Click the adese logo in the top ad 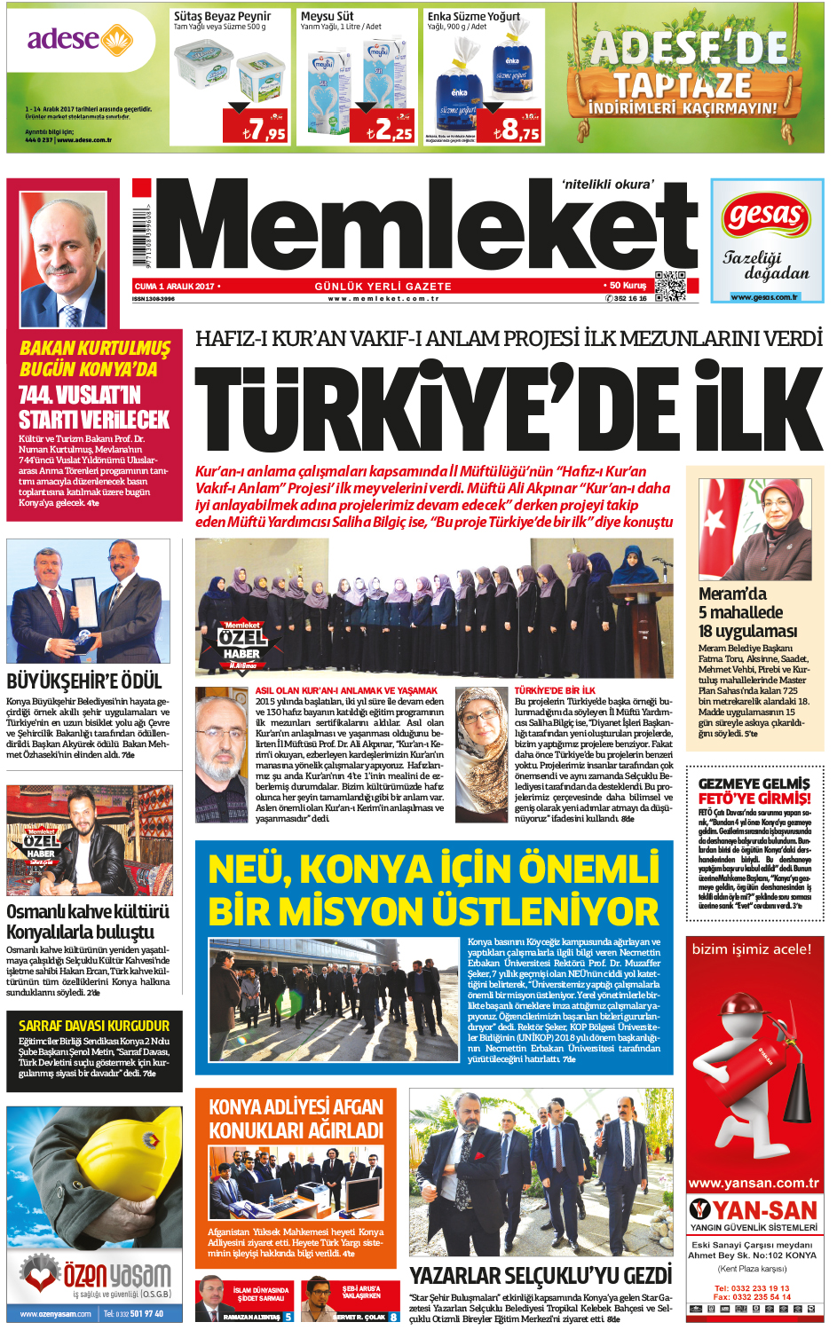click(x=79, y=40)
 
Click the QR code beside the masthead click(x=670, y=285)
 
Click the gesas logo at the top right click(x=766, y=216)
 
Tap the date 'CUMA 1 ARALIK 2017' click(x=175, y=287)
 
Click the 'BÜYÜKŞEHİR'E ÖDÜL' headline click(x=84, y=681)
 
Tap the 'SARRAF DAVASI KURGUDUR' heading click(x=94, y=1026)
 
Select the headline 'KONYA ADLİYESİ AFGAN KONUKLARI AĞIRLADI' click(x=296, y=1119)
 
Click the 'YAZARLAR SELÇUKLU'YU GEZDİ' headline click(x=541, y=1275)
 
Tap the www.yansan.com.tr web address click(x=754, y=1183)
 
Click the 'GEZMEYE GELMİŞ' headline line click(x=754, y=783)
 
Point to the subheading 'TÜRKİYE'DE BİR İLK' click(x=555, y=690)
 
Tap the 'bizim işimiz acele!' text click(x=751, y=949)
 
